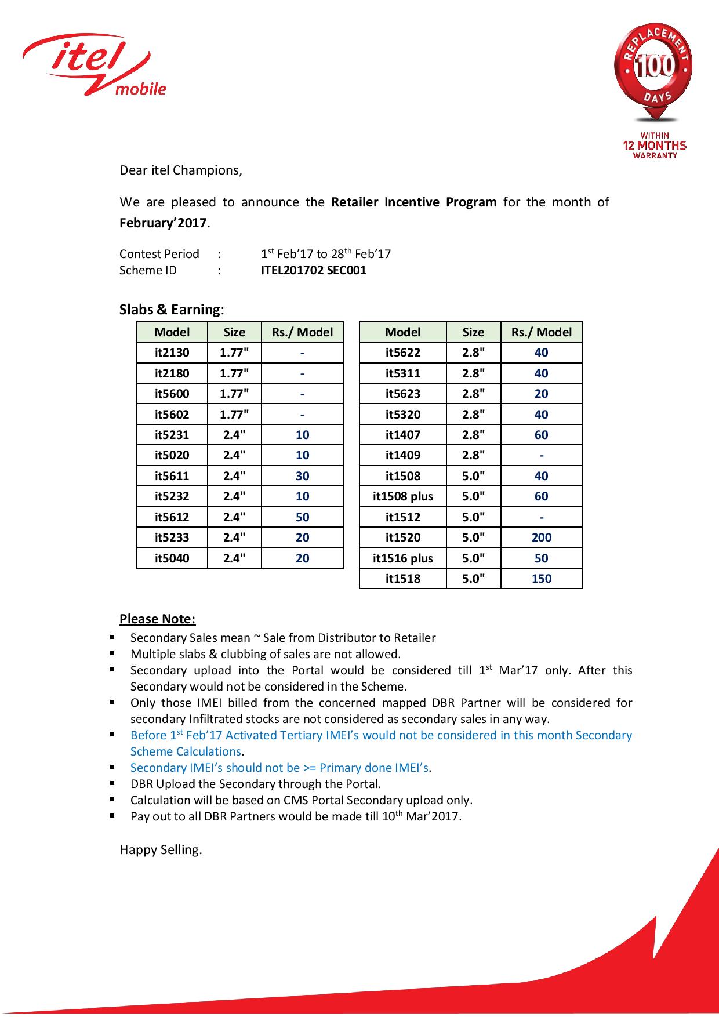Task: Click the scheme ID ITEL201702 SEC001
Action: click(x=314, y=270)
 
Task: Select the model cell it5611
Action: click(x=172, y=476)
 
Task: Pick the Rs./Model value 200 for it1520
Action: click(x=542, y=537)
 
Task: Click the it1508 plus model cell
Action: click(x=403, y=496)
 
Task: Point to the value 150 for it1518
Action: click(x=542, y=579)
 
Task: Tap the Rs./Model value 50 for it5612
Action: click(x=302, y=517)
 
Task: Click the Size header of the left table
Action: click(x=234, y=332)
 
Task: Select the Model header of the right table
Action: click(x=403, y=332)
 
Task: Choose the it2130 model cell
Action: click(x=172, y=353)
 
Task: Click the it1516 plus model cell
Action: click(x=403, y=558)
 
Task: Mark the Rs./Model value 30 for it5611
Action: click(x=302, y=476)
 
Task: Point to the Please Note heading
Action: click(x=158, y=619)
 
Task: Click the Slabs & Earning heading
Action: click(x=171, y=310)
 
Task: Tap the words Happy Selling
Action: click(x=161, y=850)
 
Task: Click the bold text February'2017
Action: click(x=164, y=223)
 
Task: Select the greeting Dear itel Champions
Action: click(x=180, y=170)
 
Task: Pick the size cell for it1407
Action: click(x=473, y=435)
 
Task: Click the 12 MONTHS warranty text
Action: click(x=655, y=146)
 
